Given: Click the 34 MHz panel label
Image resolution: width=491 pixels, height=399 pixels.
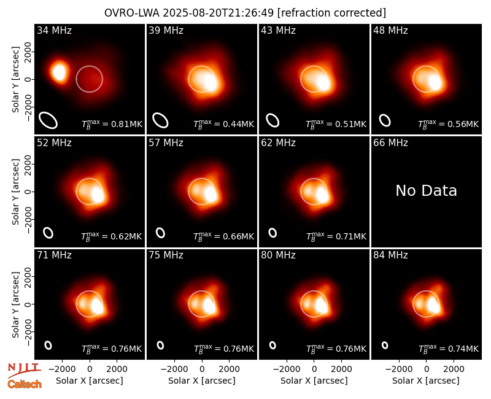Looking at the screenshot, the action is [54, 30].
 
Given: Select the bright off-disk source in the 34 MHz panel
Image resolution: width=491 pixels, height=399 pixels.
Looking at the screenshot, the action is [58, 72].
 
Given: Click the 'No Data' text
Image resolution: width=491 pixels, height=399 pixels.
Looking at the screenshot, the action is [426, 190].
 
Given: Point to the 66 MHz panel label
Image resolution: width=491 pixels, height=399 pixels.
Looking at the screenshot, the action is [390, 143].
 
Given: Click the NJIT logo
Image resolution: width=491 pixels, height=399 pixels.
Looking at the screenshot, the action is [24, 370].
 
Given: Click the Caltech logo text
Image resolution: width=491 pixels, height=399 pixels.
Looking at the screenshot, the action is [25, 384].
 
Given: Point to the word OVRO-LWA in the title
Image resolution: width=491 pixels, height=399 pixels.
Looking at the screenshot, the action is [132, 13].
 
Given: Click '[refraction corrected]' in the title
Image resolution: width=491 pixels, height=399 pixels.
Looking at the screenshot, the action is [331, 13].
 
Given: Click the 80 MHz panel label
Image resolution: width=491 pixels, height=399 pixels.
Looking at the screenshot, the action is [278, 255].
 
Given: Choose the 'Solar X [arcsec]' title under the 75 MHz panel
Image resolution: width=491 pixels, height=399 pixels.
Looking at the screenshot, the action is [202, 381].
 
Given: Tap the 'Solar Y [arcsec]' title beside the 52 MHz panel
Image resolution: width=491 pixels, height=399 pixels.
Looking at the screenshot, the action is [15, 192].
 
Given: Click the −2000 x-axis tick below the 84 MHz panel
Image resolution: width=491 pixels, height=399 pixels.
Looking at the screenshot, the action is [398, 369].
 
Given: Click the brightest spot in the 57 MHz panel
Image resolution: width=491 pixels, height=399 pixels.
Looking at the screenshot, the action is [211, 195].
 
